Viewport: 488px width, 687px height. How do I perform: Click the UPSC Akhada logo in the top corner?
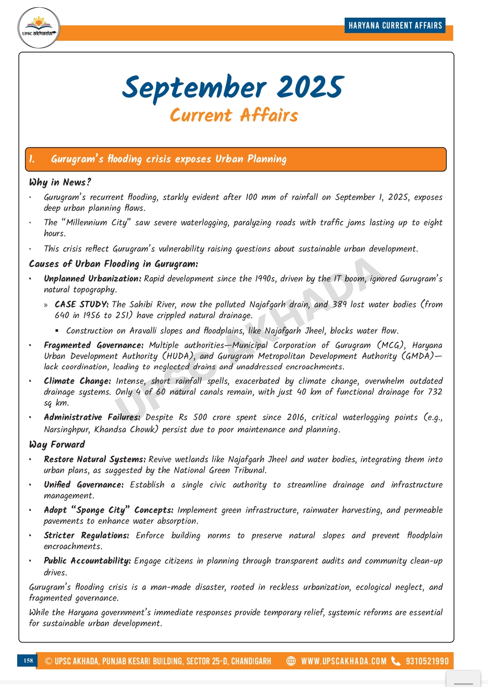[x=39, y=28]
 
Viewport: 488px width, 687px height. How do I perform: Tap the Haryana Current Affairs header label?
[x=395, y=25]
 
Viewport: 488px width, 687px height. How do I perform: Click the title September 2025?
[x=233, y=87]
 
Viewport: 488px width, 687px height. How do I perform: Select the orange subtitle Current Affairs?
[x=234, y=115]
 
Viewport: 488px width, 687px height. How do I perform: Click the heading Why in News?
[x=60, y=182]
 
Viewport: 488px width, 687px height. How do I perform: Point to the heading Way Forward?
[x=57, y=444]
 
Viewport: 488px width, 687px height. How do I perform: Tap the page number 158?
[x=28, y=661]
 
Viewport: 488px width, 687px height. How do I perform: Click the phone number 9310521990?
[x=427, y=661]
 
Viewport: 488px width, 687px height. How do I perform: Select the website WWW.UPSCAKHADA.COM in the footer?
[x=344, y=661]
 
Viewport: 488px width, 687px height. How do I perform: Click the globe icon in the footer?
[x=291, y=661]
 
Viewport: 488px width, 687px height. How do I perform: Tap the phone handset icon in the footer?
[x=396, y=661]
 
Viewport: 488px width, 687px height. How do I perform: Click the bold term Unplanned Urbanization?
[x=92, y=279]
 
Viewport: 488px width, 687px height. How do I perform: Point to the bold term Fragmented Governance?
[x=93, y=345]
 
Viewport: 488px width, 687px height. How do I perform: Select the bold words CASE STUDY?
[x=81, y=304]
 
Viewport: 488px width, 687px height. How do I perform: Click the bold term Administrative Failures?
[x=92, y=417]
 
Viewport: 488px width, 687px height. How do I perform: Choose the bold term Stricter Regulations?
[x=86, y=535]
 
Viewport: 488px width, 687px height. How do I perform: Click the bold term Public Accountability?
[x=87, y=561]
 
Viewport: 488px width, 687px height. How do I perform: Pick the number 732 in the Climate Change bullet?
[x=435, y=392]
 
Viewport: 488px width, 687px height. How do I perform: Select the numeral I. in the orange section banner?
[x=32, y=159]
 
